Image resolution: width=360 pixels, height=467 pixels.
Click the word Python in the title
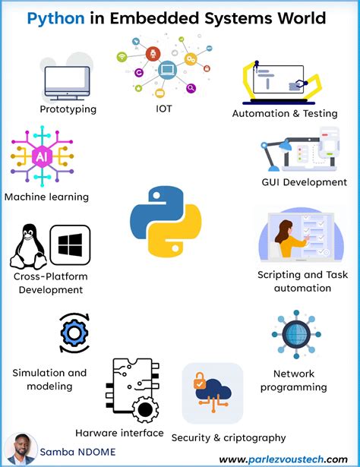(x=55, y=18)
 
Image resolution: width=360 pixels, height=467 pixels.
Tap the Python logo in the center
(x=166, y=222)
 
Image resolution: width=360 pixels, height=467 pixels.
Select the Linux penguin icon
(x=28, y=247)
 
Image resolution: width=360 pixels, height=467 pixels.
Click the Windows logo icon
(x=71, y=245)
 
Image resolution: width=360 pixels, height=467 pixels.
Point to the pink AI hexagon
(x=42, y=156)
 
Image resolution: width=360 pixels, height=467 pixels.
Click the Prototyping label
(x=68, y=109)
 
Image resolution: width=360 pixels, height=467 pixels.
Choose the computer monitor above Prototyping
(x=67, y=83)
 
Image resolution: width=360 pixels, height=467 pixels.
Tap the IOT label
(x=164, y=109)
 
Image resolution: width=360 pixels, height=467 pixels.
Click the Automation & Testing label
(x=285, y=113)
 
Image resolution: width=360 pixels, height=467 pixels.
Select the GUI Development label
(x=305, y=182)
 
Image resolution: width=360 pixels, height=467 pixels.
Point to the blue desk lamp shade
(x=285, y=145)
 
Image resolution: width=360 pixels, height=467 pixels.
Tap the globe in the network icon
(x=296, y=334)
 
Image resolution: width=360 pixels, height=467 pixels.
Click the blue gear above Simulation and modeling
(x=74, y=333)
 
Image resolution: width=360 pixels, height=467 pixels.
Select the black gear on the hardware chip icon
(x=145, y=409)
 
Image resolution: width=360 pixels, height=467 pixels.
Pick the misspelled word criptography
(x=254, y=438)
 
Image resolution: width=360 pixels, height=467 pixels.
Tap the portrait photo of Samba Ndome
(x=21, y=450)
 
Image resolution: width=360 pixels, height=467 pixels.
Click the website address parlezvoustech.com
(x=283, y=459)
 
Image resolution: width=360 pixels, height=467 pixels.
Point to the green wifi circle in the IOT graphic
(x=122, y=57)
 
